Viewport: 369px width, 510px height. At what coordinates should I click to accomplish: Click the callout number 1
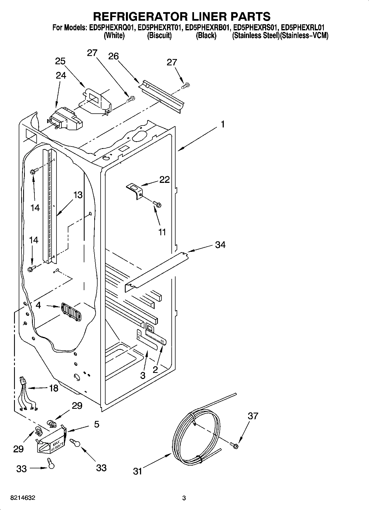point(223,124)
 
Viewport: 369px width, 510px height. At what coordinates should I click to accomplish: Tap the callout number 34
point(220,245)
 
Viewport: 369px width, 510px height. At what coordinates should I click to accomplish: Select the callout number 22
point(165,180)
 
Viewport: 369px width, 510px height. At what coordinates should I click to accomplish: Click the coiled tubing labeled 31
point(196,436)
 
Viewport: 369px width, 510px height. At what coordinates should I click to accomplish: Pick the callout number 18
point(53,388)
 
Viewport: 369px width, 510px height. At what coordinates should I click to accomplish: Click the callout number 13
point(78,195)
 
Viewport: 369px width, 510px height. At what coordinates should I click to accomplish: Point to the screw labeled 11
point(157,205)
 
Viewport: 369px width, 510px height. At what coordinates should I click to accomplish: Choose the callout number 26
point(113,56)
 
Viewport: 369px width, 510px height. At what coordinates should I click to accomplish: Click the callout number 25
point(60,61)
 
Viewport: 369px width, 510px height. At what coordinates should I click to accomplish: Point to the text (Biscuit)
point(159,36)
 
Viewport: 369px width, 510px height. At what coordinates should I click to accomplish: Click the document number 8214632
point(23,498)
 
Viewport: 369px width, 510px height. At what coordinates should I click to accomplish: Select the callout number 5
point(96,424)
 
